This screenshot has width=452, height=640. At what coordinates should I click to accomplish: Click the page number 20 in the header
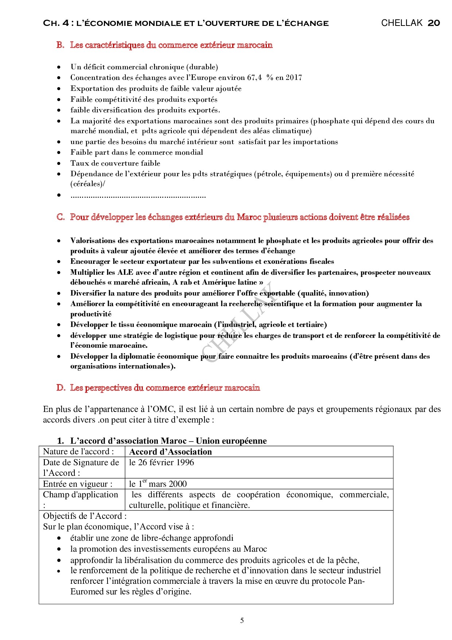(x=433, y=23)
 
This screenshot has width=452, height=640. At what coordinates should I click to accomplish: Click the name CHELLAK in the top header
(x=402, y=23)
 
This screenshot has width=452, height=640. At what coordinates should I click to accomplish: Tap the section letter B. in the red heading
(x=61, y=45)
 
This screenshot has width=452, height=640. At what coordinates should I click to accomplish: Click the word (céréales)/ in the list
(x=88, y=184)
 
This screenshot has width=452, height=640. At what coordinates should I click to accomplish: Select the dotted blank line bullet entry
(x=138, y=196)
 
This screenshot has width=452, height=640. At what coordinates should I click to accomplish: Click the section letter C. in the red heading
(x=61, y=217)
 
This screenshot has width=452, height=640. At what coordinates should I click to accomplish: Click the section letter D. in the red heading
(x=61, y=388)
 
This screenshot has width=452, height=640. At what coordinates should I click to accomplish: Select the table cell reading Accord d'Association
(x=171, y=452)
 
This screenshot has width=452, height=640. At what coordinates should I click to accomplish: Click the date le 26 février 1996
(x=161, y=462)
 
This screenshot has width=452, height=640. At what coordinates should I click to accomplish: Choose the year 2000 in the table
(x=178, y=484)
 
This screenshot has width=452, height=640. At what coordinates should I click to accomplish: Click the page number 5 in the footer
(x=242, y=620)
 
